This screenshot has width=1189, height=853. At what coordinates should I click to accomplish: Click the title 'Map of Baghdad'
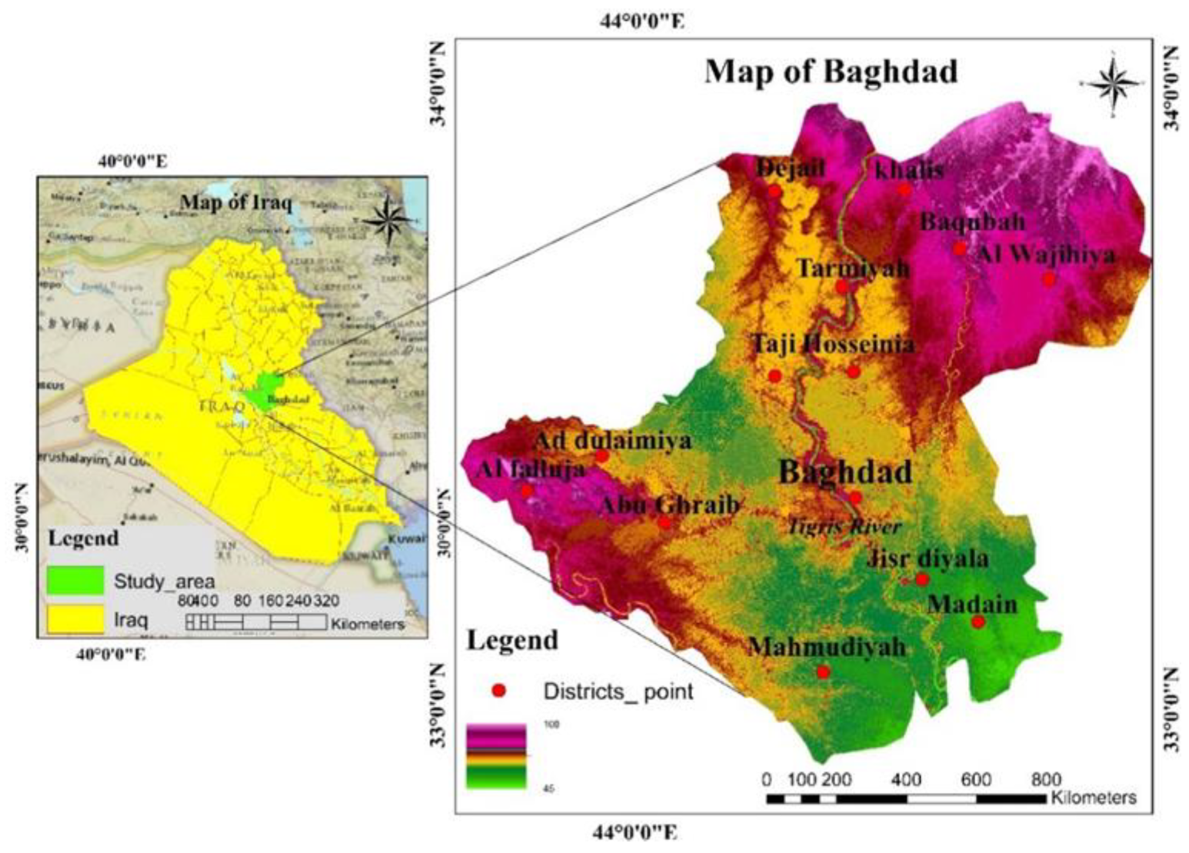click(831, 72)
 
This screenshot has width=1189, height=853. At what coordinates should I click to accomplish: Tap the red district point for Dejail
click(774, 191)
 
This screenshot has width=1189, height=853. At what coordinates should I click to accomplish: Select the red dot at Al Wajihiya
click(1048, 279)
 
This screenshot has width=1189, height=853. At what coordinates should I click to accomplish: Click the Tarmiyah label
click(852, 268)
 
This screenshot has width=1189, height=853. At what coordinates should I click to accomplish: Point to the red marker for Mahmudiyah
click(823, 671)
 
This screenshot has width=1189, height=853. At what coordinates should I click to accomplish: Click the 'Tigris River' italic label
click(844, 527)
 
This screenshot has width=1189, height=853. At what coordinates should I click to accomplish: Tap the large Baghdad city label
click(845, 471)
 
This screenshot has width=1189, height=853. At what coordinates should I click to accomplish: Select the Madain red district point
click(978, 621)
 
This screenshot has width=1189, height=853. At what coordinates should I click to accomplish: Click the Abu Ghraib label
click(668, 505)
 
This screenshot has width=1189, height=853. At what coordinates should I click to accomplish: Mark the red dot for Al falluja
click(526, 491)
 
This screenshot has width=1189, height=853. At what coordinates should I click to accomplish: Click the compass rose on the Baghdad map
click(1112, 82)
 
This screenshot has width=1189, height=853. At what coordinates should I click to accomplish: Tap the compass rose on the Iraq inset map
click(388, 218)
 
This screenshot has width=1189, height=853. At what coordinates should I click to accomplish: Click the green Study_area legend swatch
click(75, 581)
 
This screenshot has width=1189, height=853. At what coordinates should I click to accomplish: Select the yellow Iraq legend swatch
click(75, 619)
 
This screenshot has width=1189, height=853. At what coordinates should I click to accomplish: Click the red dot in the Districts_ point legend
click(498, 691)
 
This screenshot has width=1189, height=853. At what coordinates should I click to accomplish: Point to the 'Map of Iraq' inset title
click(235, 203)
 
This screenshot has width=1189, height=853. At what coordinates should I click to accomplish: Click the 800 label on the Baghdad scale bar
click(1046, 779)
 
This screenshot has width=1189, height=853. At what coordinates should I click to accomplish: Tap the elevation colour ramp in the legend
click(496, 756)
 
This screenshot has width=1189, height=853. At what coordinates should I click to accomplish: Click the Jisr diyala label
click(927, 558)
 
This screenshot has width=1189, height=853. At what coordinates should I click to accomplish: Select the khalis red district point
click(904, 189)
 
